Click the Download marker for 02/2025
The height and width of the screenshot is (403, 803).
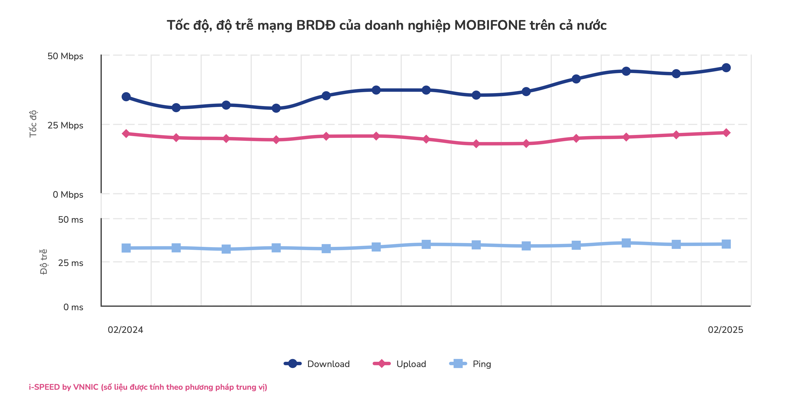pyautogui.click(x=726, y=67)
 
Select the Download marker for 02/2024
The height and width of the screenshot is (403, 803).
pyautogui.click(x=126, y=97)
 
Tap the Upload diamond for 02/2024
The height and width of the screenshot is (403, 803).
pyautogui.click(x=126, y=134)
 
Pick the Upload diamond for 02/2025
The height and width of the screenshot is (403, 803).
pyautogui.click(x=726, y=133)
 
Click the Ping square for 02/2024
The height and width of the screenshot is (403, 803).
pyautogui.click(x=126, y=248)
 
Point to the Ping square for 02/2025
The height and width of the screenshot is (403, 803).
pyautogui.click(x=726, y=244)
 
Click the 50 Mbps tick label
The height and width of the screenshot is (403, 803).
pyautogui.click(x=65, y=56)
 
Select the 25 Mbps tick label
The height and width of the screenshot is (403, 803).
pyautogui.click(x=65, y=125)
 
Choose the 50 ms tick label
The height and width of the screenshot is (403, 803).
pyautogui.click(x=70, y=219)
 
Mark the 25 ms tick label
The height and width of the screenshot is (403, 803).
pyautogui.click(x=70, y=263)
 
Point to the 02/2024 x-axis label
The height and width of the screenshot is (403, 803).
pyautogui.click(x=125, y=330)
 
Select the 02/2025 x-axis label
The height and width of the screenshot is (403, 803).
pyautogui.click(x=725, y=330)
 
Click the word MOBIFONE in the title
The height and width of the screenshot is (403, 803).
pyautogui.click(x=490, y=25)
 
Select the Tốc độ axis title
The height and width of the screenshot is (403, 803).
pyautogui.click(x=33, y=124)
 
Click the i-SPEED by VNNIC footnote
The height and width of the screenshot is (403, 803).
pyautogui.click(x=148, y=387)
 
